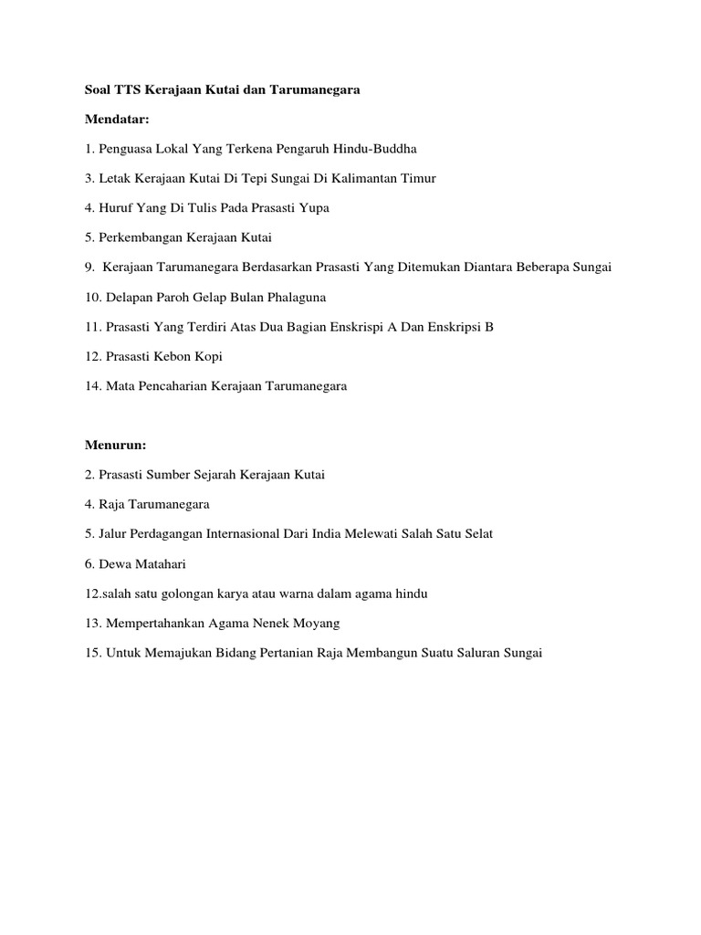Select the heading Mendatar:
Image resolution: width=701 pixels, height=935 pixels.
click(x=117, y=119)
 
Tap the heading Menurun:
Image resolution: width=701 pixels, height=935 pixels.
click(x=116, y=446)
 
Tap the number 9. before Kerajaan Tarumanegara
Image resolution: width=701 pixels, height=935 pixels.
click(x=90, y=267)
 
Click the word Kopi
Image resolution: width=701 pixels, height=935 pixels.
click(x=206, y=356)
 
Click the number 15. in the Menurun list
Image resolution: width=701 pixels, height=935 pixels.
click(x=94, y=654)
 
